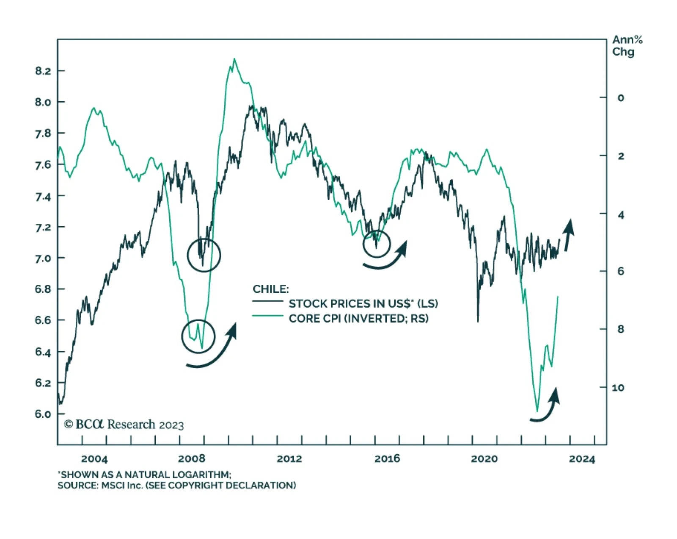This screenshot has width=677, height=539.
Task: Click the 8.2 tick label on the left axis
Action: pyautogui.click(x=43, y=71)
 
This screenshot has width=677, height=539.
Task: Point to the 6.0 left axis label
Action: pyautogui.click(x=43, y=414)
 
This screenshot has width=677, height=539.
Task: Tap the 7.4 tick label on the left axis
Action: pyautogui.click(x=43, y=196)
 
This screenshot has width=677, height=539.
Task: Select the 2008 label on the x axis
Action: pyautogui.click(x=192, y=459)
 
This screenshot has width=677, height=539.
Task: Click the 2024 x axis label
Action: pyautogui.click(x=582, y=459)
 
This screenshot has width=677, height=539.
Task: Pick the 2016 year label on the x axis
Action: pyautogui.click(x=387, y=459)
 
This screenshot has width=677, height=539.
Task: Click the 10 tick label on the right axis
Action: pyautogui.click(x=618, y=388)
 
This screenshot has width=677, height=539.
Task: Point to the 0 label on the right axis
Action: pyautogui.click(x=620, y=98)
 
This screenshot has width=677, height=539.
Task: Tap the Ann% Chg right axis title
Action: pyautogui.click(x=627, y=46)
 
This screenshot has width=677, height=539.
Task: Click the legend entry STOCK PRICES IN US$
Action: pyautogui.click(x=363, y=304)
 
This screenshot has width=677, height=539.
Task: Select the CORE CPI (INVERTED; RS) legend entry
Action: pyautogui.click(x=358, y=319)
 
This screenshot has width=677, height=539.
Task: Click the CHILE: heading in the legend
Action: pyautogui.click(x=271, y=289)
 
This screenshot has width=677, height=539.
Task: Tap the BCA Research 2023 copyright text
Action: pyautogui.click(x=124, y=425)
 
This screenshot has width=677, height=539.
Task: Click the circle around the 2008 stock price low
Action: pyautogui.click(x=204, y=255)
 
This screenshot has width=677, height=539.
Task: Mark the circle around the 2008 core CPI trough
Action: pyautogui.click(x=198, y=336)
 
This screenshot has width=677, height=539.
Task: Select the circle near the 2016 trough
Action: pyautogui.click(x=377, y=244)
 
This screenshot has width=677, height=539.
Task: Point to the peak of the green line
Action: pyautogui.click(x=234, y=59)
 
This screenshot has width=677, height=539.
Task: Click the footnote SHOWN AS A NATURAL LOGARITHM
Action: pyautogui.click(x=146, y=475)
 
